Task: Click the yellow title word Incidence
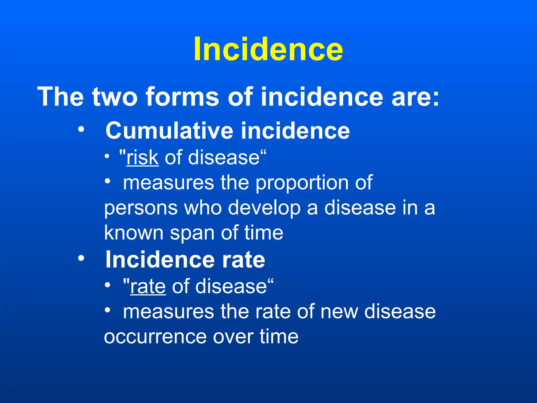[x=268, y=49]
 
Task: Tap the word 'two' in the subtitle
[x=115, y=97]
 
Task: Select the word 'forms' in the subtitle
[x=182, y=97]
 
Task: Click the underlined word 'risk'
[x=142, y=157]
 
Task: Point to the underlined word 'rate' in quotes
[x=148, y=286]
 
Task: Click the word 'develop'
[x=264, y=208]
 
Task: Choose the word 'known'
[x=134, y=233]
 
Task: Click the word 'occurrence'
[x=155, y=337]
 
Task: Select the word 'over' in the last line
[x=233, y=337]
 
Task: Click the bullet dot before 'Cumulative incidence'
[x=81, y=129]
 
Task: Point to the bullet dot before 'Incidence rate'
[x=81, y=258]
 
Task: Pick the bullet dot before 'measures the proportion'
[x=107, y=181]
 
